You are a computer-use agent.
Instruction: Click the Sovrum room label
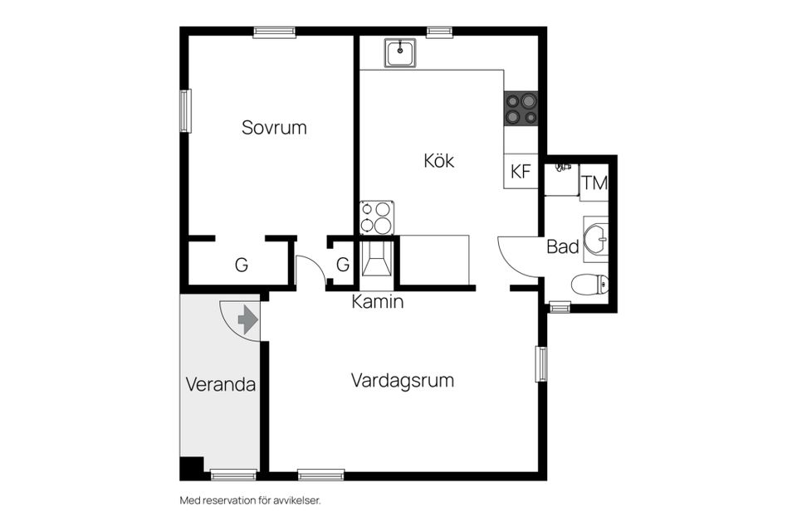274,128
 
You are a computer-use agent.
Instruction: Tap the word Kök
438,161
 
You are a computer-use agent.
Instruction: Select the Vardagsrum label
403,381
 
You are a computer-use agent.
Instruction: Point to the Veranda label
220,385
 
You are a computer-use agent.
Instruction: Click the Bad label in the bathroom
563,246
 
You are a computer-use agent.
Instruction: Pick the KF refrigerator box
521,172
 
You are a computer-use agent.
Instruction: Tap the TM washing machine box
594,183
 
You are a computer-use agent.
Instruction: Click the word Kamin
378,302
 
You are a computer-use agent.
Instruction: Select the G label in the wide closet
241,265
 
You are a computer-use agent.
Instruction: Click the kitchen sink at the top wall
400,53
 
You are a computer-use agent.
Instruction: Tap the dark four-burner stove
521,109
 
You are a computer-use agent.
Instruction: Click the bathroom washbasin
595,238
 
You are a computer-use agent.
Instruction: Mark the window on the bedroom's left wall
185,110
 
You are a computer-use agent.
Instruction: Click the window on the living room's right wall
541,364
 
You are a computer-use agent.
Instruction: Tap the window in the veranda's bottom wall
233,475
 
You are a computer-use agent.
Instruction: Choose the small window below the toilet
560,308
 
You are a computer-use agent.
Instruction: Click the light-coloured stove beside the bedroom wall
376,217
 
